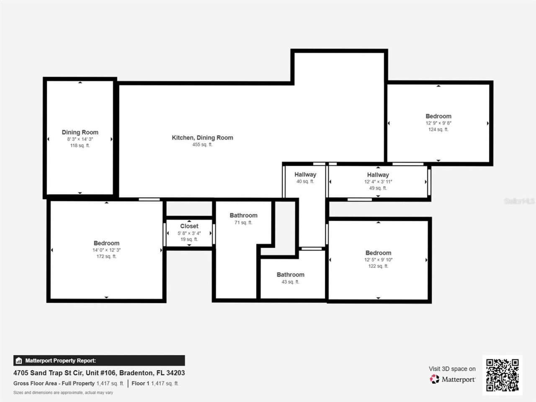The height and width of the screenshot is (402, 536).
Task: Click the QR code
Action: tap(502, 375)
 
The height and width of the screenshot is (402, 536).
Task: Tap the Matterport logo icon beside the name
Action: tap(435, 379)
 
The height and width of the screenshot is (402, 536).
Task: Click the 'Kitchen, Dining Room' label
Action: tap(202, 137)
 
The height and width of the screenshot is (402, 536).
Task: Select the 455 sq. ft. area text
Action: tap(202, 145)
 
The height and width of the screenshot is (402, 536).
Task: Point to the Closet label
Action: tap(189, 226)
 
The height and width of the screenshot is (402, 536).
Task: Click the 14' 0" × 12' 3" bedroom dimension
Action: tap(106, 250)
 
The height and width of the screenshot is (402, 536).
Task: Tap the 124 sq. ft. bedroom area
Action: tap(438, 130)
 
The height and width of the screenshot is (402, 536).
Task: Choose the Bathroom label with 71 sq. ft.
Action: tap(243, 215)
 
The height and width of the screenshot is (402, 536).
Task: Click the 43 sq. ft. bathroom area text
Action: tap(290, 282)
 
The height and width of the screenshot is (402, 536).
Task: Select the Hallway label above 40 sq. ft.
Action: tap(305, 175)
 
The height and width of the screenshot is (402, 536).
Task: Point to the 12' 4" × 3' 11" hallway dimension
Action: tap(378, 182)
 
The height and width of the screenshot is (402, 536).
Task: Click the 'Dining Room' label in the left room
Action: tap(80, 132)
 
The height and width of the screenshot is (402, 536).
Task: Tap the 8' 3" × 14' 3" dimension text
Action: tap(80, 139)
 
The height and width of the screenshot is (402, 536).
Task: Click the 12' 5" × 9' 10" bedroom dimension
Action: tap(378, 260)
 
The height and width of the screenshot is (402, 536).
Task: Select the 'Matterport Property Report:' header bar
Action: tap(99, 361)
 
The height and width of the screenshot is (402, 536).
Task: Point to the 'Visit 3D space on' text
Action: tap(452, 369)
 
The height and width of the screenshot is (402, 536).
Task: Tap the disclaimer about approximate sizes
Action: tap(63, 393)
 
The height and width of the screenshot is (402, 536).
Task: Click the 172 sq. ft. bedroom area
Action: tap(106, 257)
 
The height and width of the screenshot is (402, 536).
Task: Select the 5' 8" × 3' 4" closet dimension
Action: tap(189, 233)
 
